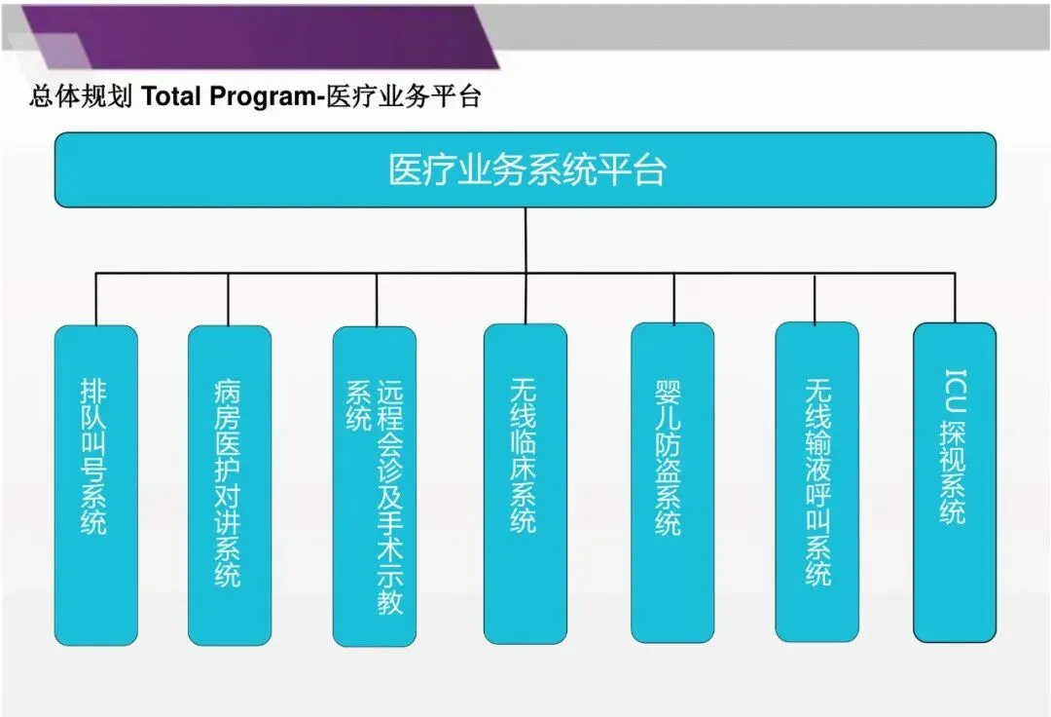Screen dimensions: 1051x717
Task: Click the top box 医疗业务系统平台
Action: coord(525,170)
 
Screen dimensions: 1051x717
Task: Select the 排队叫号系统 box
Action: coord(95,484)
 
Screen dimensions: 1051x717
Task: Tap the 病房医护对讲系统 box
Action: coord(229,484)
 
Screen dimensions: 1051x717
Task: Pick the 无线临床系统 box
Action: coord(525,483)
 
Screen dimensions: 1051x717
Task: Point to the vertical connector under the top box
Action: coord(525,240)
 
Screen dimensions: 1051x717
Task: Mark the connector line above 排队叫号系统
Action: coord(95,299)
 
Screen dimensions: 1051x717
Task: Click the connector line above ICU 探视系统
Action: coord(954,298)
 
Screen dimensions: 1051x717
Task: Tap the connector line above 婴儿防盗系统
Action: coord(672,298)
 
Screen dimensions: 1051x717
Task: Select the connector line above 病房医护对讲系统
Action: coord(229,299)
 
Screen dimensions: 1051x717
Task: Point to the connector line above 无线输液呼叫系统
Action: coord(816,298)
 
